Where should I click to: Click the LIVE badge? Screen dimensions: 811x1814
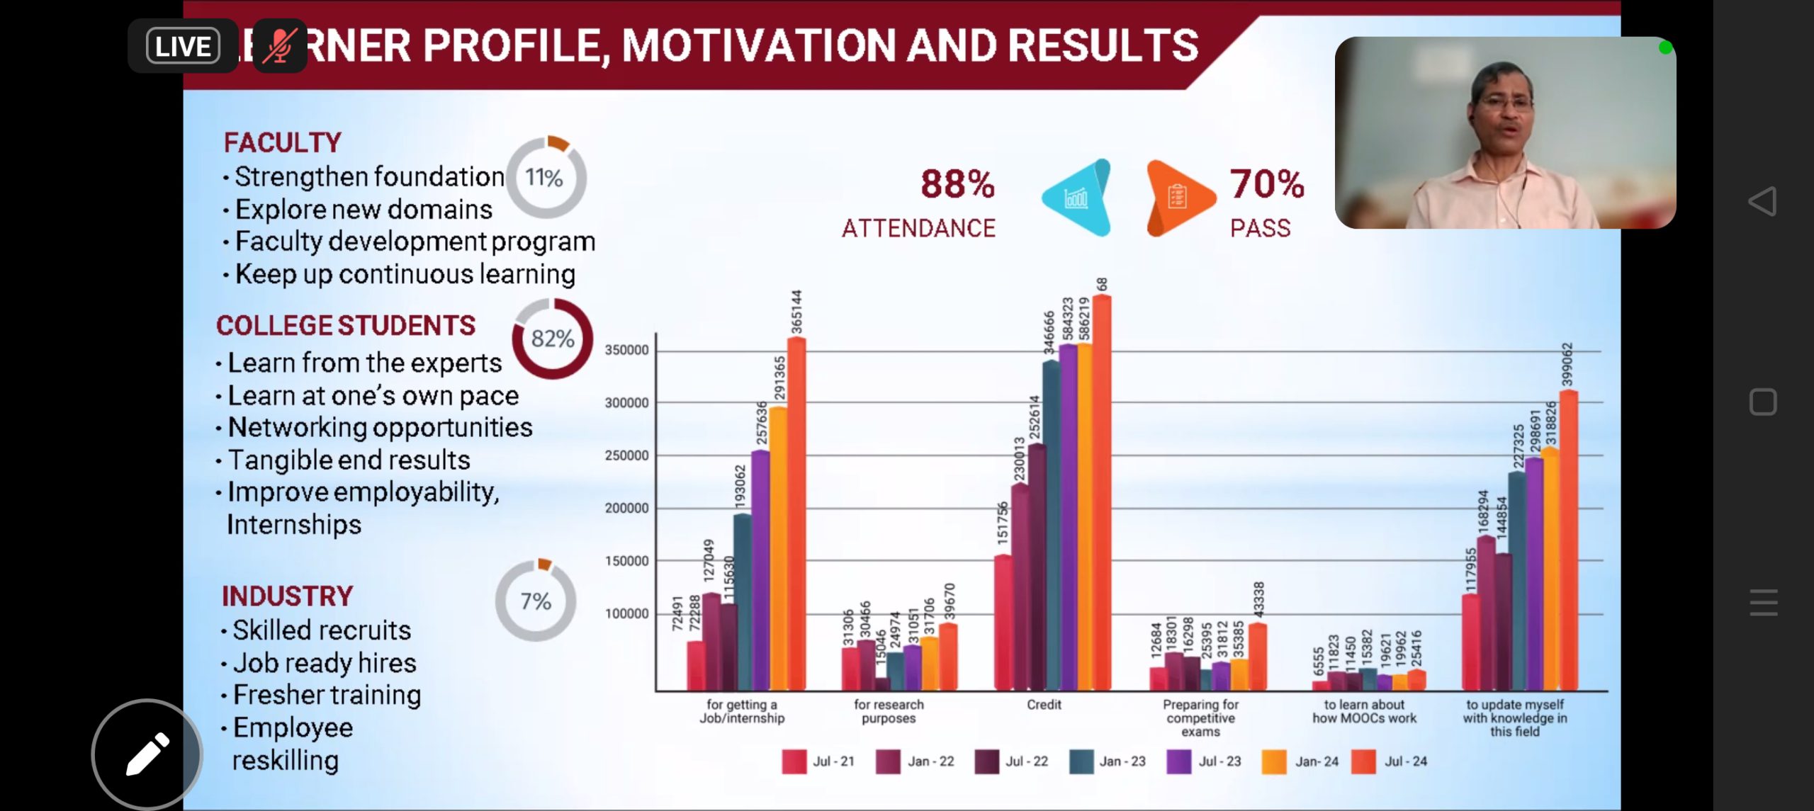pos(183,47)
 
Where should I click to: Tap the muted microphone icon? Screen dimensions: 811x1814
pos(279,47)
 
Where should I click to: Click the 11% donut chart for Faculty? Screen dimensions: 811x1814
pos(546,177)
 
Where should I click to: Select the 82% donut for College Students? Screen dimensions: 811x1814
pos(553,339)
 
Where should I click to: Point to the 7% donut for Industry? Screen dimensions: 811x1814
pos(536,601)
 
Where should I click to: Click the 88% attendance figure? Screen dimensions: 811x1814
pos(957,184)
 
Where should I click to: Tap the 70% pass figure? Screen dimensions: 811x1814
pos(1266,184)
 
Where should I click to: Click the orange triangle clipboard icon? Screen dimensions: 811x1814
pos(1176,198)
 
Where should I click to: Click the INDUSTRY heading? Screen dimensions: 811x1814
pos(287,596)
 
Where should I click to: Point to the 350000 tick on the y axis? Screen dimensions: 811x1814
pos(626,350)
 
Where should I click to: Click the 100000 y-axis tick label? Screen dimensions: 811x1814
pos(626,613)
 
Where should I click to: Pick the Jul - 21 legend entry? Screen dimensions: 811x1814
pos(819,761)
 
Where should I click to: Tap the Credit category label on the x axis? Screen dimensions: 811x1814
pos(1044,705)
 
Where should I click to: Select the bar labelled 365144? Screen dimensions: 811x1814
pos(796,514)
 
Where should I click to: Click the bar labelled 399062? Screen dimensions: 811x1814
pos(1568,538)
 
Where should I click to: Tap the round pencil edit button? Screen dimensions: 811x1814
pos(147,754)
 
